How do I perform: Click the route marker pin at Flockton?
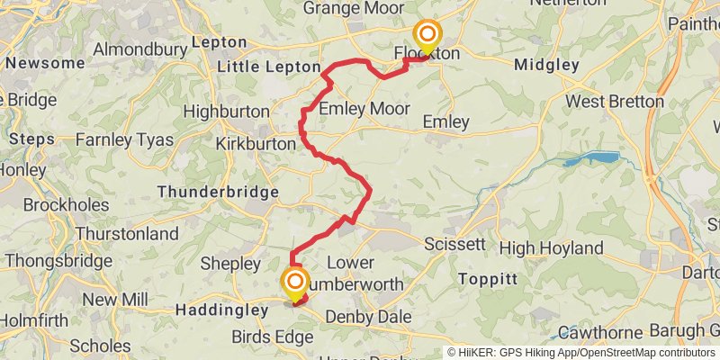tap(426, 37)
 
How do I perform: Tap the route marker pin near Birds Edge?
tap(294, 284)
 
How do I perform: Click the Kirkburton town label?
tap(256, 143)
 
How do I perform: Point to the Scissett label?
tap(454, 244)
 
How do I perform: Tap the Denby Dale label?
tap(368, 317)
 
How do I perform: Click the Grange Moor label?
tap(353, 8)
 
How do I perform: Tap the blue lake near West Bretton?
tap(592, 160)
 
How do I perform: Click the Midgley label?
tap(546, 65)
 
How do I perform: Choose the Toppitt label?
tap(487, 279)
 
